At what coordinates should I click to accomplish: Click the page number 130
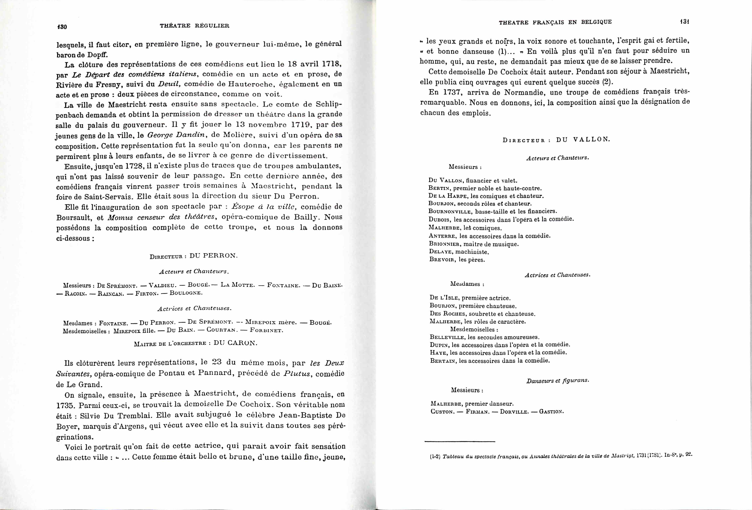coord(62,26)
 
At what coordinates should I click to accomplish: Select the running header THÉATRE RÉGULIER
coord(195,26)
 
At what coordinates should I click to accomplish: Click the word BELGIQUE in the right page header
coord(596,22)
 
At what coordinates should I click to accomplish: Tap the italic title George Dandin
coord(176,135)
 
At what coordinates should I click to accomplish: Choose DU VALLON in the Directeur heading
coord(583,140)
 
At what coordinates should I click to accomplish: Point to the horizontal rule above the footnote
coord(460,441)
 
